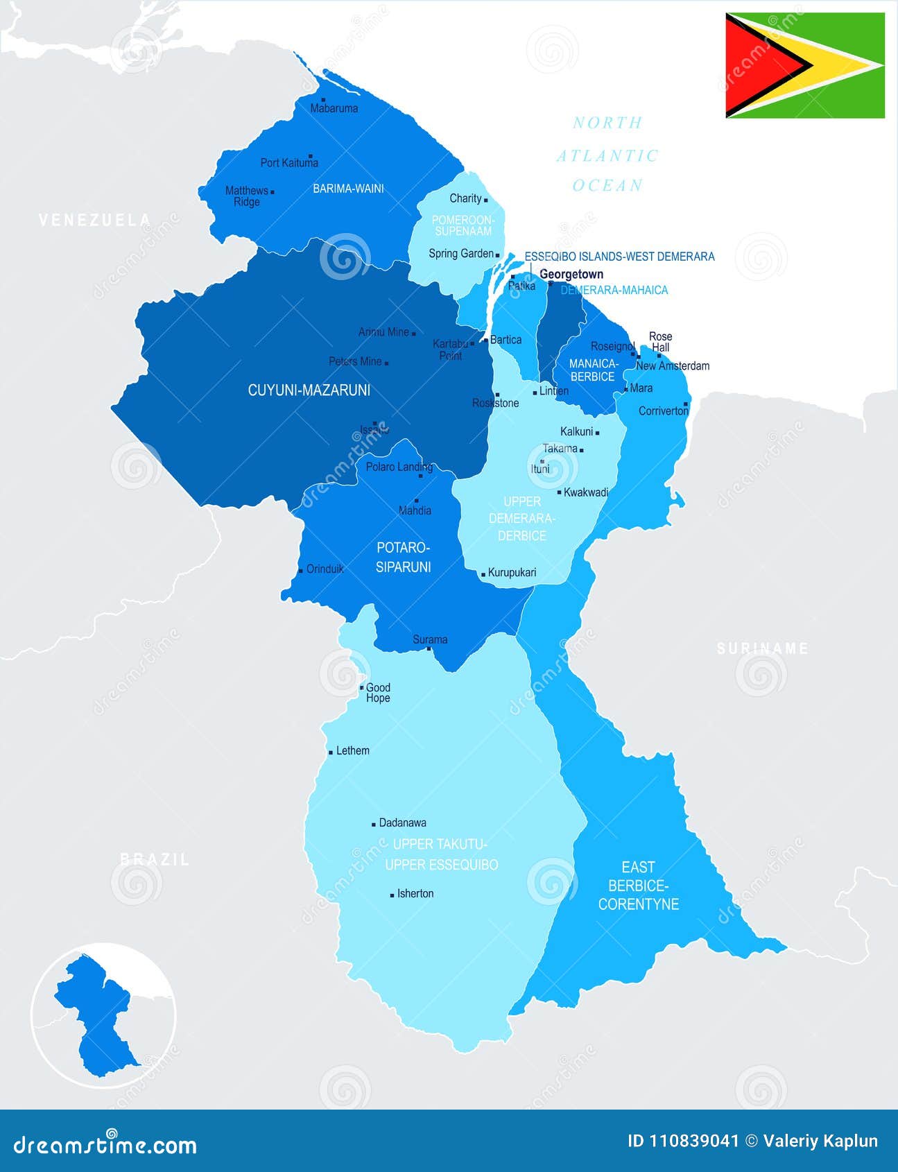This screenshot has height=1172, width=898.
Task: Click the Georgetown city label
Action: click(x=571, y=274)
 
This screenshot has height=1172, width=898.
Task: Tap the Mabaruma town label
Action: click(x=334, y=108)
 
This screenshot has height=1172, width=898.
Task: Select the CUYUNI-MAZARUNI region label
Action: click(x=309, y=390)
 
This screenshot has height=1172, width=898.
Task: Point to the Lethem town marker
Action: click(x=331, y=752)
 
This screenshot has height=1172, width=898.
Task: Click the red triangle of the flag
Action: click(x=759, y=66)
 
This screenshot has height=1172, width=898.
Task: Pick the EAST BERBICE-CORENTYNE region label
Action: click(x=638, y=886)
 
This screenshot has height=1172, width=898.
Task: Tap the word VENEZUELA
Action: click(x=94, y=221)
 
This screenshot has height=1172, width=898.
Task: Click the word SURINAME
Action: click(x=762, y=649)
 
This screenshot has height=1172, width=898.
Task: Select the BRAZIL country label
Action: click(x=155, y=860)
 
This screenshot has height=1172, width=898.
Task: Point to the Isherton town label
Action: click(x=415, y=894)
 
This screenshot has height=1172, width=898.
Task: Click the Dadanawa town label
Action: click(x=402, y=823)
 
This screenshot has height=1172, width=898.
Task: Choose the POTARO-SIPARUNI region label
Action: click(x=404, y=558)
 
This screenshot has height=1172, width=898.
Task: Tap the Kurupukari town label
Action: click(x=512, y=573)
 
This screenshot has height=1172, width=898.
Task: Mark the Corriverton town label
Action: click(x=663, y=411)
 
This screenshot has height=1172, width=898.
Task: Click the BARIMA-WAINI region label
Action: click(x=348, y=189)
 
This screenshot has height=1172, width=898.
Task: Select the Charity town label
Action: click(x=465, y=198)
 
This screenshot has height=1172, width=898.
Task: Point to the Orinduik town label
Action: click(x=325, y=569)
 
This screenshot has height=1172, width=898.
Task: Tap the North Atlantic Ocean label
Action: click(x=607, y=154)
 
